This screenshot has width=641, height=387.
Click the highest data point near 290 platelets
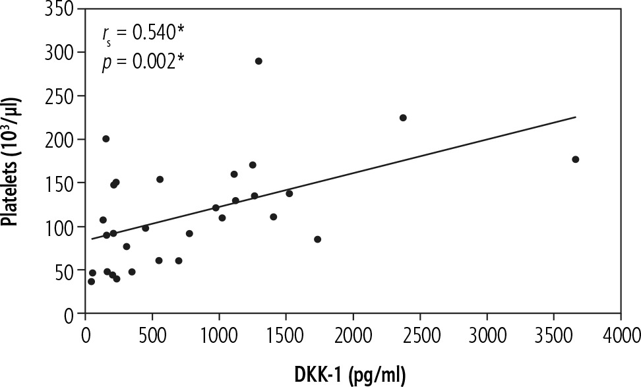[259, 61]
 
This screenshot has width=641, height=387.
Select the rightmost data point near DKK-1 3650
[575, 160]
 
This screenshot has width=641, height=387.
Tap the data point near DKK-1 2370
[403, 118]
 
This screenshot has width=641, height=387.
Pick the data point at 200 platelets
[106, 138]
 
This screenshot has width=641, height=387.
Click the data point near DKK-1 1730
[317, 239]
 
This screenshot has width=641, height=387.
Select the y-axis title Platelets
[12, 161]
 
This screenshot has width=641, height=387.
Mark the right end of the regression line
[576, 117]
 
